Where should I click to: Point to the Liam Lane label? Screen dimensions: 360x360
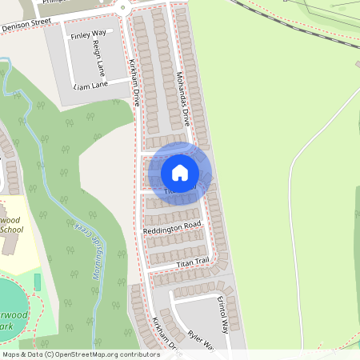point(90,85)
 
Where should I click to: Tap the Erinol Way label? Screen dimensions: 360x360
point(220,314)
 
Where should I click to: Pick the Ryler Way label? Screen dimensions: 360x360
point(202,341)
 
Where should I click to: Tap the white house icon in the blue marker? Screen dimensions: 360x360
point(180,173)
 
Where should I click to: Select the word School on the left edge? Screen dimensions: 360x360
point(11,230)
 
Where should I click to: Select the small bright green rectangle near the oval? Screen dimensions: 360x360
point(37,282)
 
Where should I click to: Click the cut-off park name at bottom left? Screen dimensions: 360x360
point(10,320)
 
